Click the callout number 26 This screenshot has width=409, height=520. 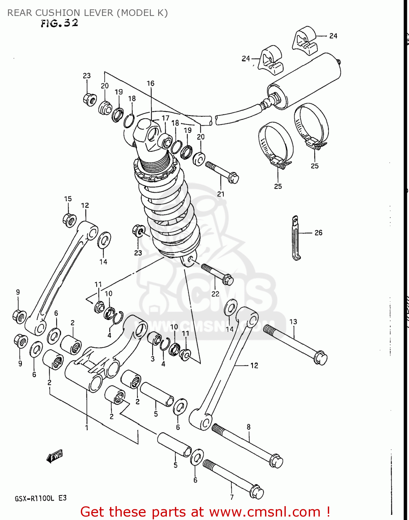point(318,233)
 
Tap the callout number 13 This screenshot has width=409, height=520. point(293,322)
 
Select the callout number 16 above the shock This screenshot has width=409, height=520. point(150,83)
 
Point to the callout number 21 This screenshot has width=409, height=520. point(221,194)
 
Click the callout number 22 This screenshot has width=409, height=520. point(215,294)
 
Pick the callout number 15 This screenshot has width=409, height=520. point(68,199)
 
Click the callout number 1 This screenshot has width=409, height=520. point(87,428)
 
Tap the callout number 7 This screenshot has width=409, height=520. point(232,497)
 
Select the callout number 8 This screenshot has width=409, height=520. point(248,427)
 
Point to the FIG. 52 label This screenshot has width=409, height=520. point(59,23)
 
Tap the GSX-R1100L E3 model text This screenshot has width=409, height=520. point(41,499)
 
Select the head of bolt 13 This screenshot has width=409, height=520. point(320,358)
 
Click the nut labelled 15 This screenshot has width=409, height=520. point(70,220)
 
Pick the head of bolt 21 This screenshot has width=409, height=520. point(233,179)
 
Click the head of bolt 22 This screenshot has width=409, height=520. point(228,279)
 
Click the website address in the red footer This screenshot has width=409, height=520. point(265,512)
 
